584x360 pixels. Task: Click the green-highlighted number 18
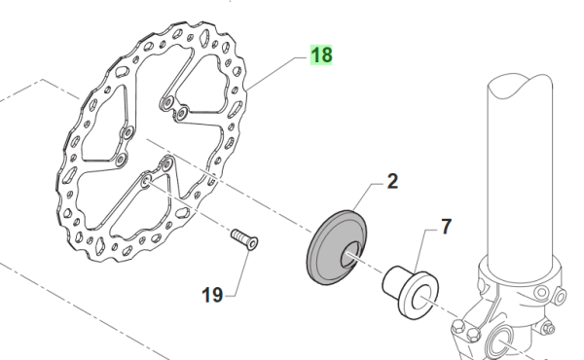[321, 56]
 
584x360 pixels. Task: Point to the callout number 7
[446, 228]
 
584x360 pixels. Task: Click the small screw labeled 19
[243, 239]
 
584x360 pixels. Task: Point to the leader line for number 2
[365, 196]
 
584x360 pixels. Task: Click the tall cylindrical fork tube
[521, 175]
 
